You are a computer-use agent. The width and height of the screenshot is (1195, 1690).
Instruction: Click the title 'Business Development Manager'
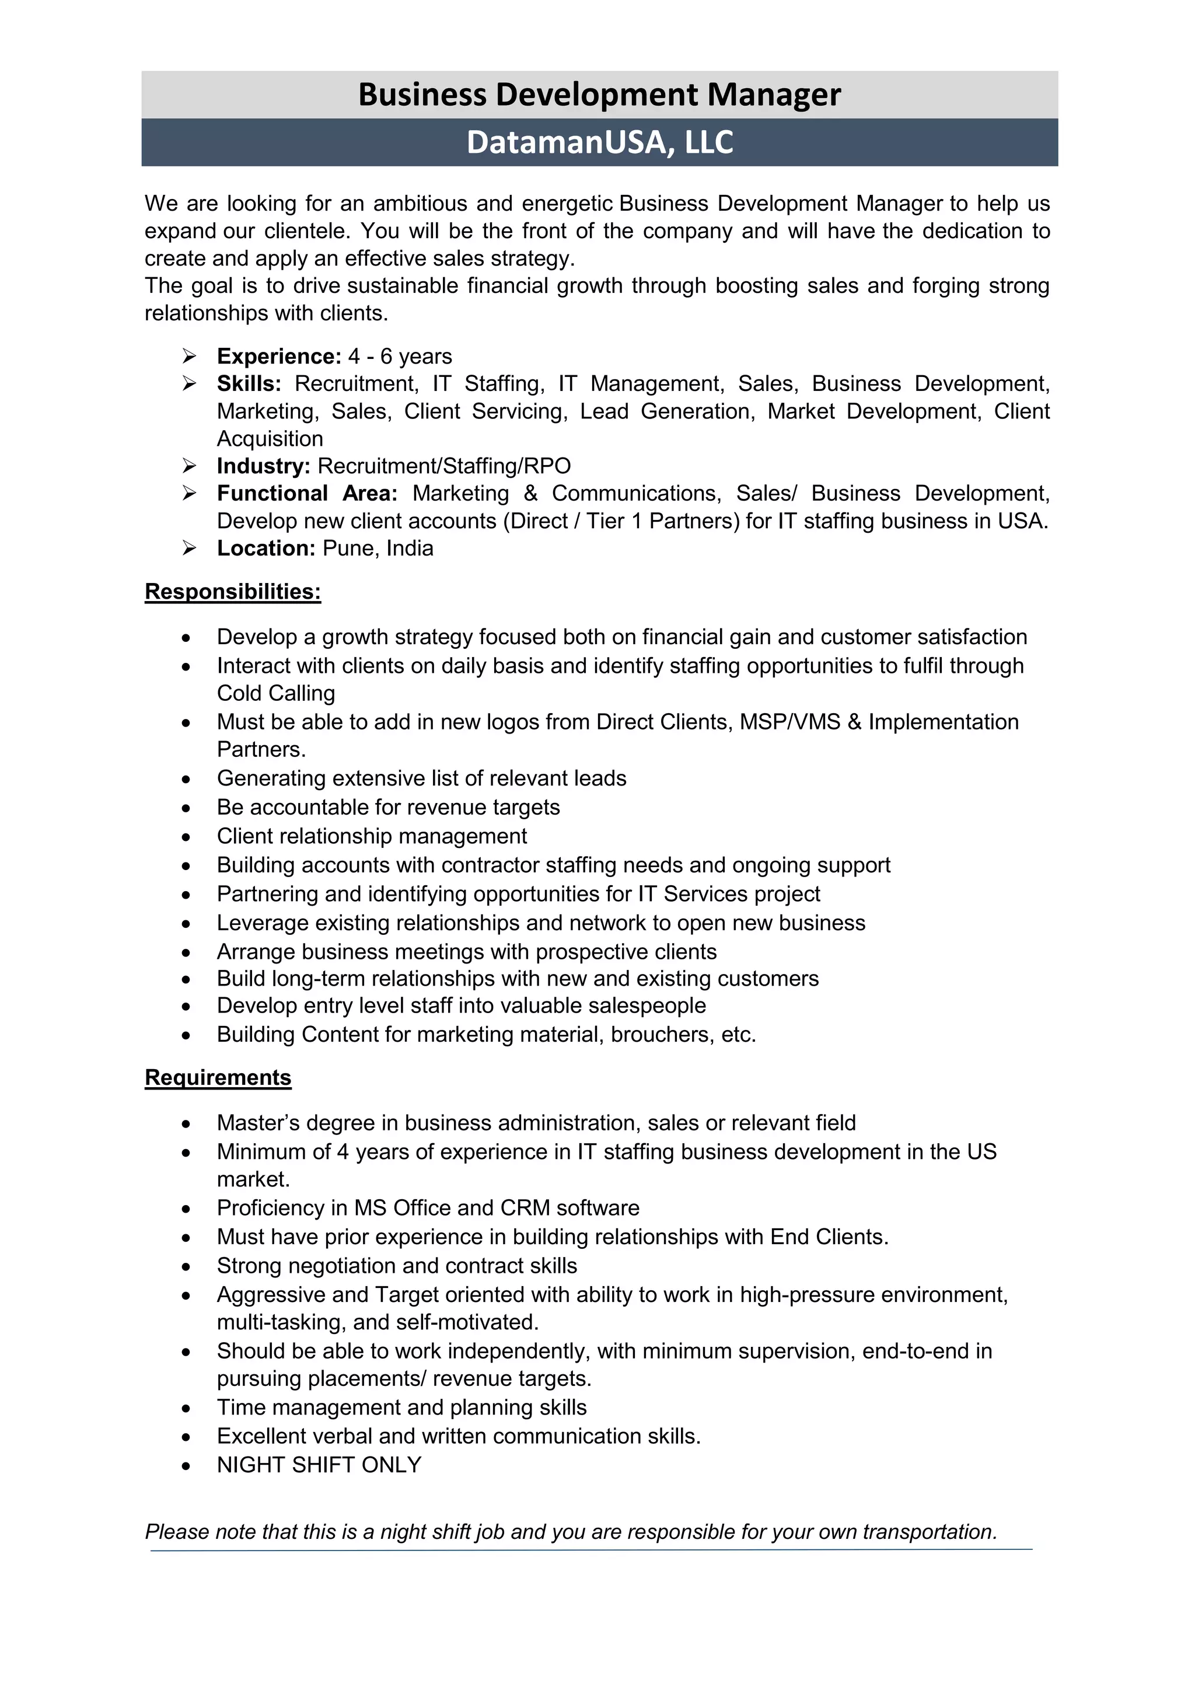(599, 95)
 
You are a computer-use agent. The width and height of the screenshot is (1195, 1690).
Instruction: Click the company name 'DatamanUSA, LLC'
(599, 142)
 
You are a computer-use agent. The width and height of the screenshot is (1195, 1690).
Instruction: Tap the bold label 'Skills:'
(249, 383)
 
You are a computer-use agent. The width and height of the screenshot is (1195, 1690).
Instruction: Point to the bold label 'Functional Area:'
(307, 493)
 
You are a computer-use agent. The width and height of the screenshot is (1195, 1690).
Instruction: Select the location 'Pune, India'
(378, 549)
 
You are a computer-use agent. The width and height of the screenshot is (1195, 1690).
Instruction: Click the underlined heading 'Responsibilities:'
(233, 592)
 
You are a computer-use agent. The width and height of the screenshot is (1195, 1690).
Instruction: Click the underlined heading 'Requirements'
(218, 1078)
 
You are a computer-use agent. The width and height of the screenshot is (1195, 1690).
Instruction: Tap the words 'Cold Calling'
(276, 693)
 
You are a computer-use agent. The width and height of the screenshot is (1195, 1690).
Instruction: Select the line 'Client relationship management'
(372, 836)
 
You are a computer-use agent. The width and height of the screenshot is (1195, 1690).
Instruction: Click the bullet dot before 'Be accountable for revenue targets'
(187, 809)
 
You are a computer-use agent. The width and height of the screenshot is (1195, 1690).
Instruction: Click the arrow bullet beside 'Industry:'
(189, 466)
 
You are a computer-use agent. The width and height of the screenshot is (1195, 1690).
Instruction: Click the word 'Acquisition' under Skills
(270, 439)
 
